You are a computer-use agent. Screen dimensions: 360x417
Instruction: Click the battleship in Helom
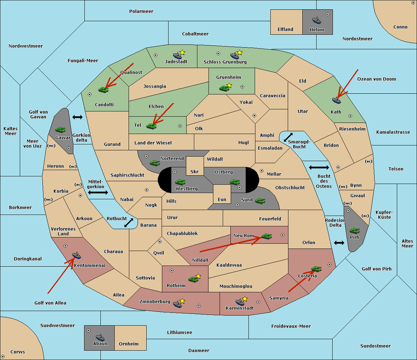pos(317,20)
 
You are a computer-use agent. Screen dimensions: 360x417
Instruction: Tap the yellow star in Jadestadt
pos(182,52)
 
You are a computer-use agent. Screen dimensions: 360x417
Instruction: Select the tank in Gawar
pos(60,129)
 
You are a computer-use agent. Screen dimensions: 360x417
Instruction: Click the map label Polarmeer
pos(141,11)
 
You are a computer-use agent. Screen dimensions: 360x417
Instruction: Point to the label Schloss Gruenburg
pos(225,62)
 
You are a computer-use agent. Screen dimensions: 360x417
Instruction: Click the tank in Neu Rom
pos(267,236)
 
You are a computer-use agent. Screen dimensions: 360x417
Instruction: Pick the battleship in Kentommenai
pos(76,256)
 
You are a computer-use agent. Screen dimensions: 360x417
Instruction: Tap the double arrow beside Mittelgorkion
pos(98,192)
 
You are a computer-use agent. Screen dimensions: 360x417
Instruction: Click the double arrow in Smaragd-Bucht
pos(288,137)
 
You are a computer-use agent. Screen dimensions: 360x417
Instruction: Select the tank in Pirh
pos(355,231)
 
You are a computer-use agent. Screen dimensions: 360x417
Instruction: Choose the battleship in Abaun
pos(100,337)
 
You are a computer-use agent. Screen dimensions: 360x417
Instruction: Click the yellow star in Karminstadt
pos(245,299)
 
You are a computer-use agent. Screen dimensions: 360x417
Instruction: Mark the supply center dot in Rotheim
pos(172,270)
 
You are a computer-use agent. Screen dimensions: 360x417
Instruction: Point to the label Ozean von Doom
pos(376,79)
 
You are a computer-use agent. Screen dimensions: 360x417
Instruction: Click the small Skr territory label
pos(194,171)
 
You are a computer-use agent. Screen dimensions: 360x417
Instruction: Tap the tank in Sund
pos(260,200)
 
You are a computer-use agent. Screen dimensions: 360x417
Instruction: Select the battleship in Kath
pos(336,100)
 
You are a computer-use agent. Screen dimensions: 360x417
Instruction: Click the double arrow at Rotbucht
pos(129,223)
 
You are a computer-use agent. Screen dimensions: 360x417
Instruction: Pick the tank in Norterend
pos(155,162)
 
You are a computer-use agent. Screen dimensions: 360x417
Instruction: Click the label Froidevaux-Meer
pos(291,326)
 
